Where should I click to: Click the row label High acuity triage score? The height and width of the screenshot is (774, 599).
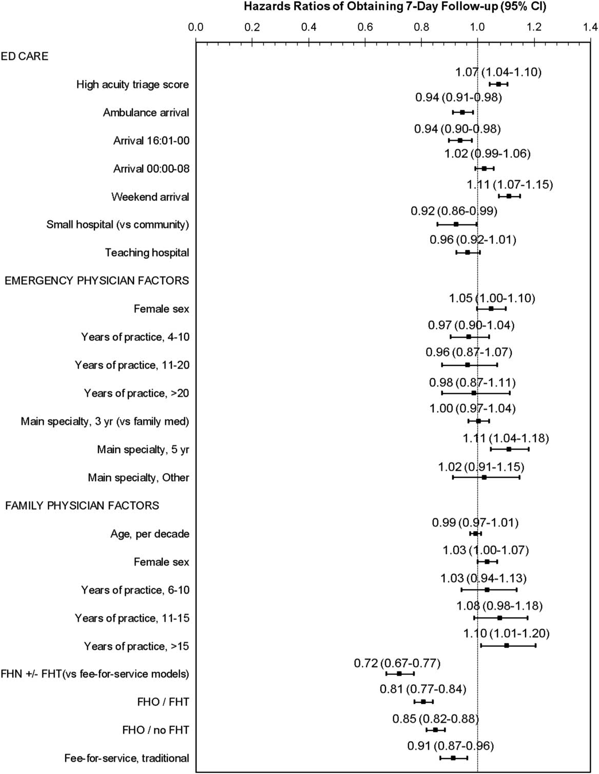coord(132,84)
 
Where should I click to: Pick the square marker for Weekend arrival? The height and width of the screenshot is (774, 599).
coord(509,196)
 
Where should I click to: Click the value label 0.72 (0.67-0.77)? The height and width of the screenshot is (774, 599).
coord(397,663)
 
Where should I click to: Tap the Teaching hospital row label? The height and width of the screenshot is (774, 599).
coord(147,253)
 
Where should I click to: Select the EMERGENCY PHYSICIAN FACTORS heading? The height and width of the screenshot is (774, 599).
coord(97,280)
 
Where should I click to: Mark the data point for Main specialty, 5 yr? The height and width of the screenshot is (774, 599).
coord(509,449)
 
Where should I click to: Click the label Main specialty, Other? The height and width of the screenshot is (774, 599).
coord(139,477)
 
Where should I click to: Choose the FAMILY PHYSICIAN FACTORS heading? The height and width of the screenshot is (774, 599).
coord(82,506)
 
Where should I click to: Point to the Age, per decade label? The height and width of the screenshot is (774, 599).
coord(150,534)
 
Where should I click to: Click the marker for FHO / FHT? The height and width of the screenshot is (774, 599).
coord(423,702)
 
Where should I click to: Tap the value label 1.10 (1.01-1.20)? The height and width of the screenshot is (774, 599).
coord(506,633)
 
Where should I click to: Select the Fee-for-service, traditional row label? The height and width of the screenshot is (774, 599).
coord(127,758)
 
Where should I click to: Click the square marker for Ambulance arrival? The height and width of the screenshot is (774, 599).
coord(462,112)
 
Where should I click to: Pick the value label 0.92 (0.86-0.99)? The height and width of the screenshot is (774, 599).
coord(454,211)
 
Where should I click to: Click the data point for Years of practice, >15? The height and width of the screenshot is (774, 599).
coord(507,645)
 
